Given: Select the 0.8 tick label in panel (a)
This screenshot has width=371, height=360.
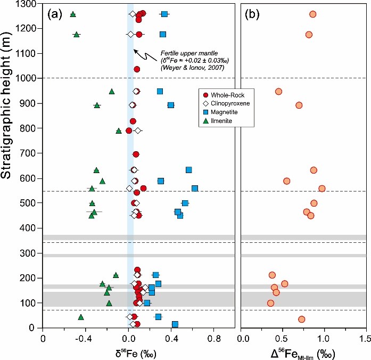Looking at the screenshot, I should [214, 338].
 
